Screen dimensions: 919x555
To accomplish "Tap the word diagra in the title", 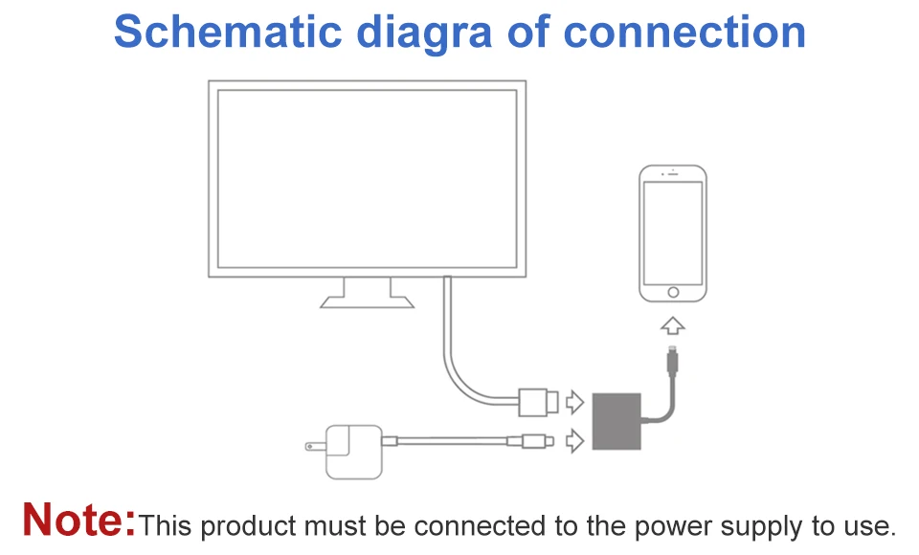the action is pyautogui.click(x=424, y=35).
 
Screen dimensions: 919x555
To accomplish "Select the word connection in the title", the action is pyautogui.click(x=684, y=32).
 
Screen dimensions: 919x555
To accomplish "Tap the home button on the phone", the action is pyautogui.click(x=673, y=292).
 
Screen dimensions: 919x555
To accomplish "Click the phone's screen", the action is pyautogui.click(x=673, y=233).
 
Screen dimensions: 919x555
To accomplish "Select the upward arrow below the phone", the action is pyautogui.click(x=673, y=326).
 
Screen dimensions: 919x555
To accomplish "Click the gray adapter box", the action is pyautogui.click(x=616, y=421).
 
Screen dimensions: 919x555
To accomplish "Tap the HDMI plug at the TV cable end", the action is pyautogui.click(x=537, y=402).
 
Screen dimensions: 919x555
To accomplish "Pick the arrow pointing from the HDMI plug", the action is pyautogui.click(x=574, y=402).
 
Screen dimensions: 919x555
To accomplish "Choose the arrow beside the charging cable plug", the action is pyautogui.click(x=574, y=441).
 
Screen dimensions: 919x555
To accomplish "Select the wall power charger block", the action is pyautogui.click(x=354, y=452).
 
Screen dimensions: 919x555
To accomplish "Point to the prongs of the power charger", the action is pyautogui.click(x=315, y=447).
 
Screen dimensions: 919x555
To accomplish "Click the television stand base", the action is pyautogui.click(x=367, y=301).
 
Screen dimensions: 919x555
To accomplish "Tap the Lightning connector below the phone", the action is pyautogui.click(x=673, y=361).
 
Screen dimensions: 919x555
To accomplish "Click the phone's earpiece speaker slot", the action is pyautogui.click(x=673, y=173).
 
